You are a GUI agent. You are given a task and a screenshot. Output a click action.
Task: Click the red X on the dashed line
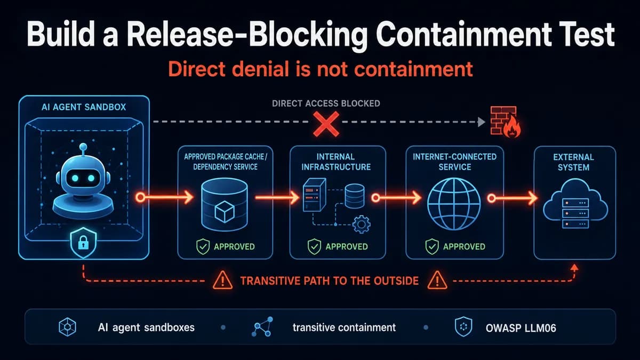click(326, 124)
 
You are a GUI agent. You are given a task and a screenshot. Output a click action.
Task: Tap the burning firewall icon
click(505, 122)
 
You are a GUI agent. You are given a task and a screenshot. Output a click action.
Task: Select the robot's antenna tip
click(83, 147)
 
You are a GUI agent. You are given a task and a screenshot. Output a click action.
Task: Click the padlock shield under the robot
click(83, 243)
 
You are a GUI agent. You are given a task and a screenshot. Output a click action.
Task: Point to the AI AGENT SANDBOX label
click(84, 107)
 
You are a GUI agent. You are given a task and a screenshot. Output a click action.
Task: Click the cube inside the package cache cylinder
click(225, 212)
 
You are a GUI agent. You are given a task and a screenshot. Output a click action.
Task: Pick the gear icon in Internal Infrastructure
click(362, 225)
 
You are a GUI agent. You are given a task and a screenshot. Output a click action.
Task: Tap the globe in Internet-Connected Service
click(454, 204)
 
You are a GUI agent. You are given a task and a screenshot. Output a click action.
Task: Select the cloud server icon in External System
click(575, 204)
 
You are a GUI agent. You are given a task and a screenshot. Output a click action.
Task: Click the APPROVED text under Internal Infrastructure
click(347, 246)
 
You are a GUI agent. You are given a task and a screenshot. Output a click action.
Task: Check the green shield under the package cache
click(203, 246)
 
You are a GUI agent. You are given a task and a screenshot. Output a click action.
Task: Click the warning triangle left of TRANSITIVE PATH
click(222, 281)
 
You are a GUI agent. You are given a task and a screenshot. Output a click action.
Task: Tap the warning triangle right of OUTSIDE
click(437, 281)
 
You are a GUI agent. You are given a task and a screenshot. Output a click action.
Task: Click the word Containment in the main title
click(463, 35)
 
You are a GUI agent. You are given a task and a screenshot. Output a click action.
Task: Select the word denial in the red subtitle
click(261, 69)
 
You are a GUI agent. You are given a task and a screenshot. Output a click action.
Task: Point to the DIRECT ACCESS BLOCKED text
click(326, 103)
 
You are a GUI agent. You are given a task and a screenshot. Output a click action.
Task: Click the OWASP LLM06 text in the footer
click(521, 328)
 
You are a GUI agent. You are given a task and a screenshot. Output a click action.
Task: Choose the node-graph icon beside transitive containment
click(262, 326)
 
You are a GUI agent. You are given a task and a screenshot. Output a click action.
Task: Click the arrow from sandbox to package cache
click(164, 197)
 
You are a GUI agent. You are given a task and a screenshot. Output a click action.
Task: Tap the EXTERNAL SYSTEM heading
click(574, 162)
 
